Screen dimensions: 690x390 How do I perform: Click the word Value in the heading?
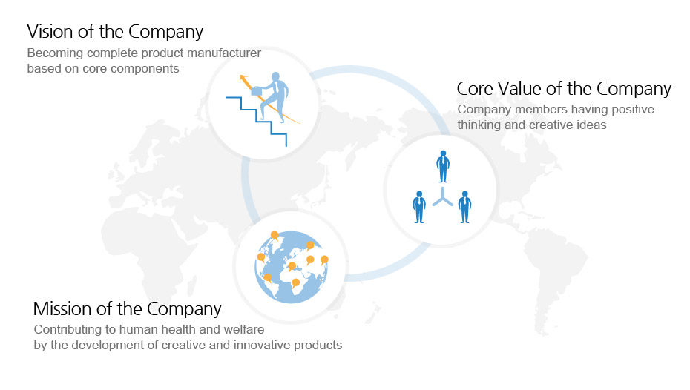tap(519, 89)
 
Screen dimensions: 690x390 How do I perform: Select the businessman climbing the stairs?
tap(274, 96)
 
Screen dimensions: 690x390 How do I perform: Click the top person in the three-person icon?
tap(443, 166)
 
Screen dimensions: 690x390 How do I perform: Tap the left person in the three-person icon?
tap(419, 207)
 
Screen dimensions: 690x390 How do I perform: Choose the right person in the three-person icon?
tap(464, 207)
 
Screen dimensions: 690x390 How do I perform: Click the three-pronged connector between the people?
tap(443, 197)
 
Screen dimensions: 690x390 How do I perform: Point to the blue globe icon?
tap(292, 267)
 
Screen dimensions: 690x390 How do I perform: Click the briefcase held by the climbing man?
tap(256, 90)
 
